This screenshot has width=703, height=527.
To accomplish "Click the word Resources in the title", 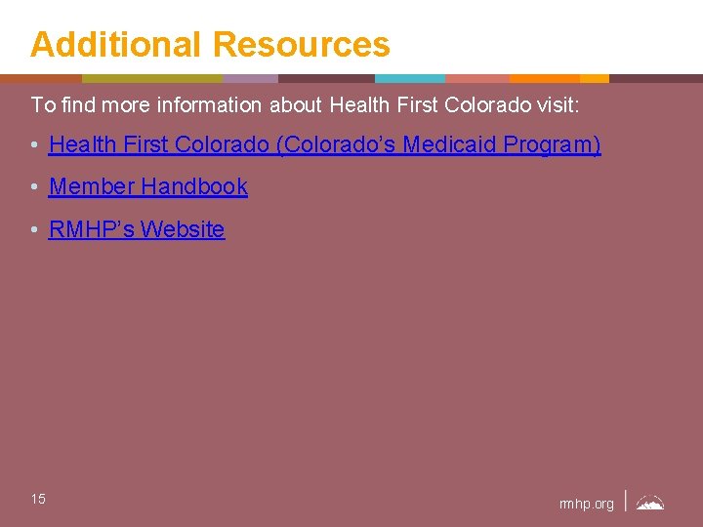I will pos(301,45).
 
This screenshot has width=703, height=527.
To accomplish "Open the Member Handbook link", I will pos(148,186).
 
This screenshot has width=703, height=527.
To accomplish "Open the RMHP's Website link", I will pos(137,229).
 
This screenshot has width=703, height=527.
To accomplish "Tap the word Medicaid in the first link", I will pos(448,145).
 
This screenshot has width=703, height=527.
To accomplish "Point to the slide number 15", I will pos(38,500).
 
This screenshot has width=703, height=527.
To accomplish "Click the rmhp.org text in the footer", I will pos(587,504).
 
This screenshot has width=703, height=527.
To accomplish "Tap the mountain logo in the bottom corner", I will pos(650,504).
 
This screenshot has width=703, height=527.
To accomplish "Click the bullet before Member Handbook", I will pos(34,187).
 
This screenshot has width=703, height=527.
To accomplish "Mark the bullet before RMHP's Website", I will pos(34,230).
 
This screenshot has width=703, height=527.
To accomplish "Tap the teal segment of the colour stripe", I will pos(409,78).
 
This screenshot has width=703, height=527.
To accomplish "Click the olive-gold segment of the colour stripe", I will pos(152,78).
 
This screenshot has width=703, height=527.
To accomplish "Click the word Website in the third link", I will pos(183,229).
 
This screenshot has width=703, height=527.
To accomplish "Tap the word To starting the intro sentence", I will pos(41,103).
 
